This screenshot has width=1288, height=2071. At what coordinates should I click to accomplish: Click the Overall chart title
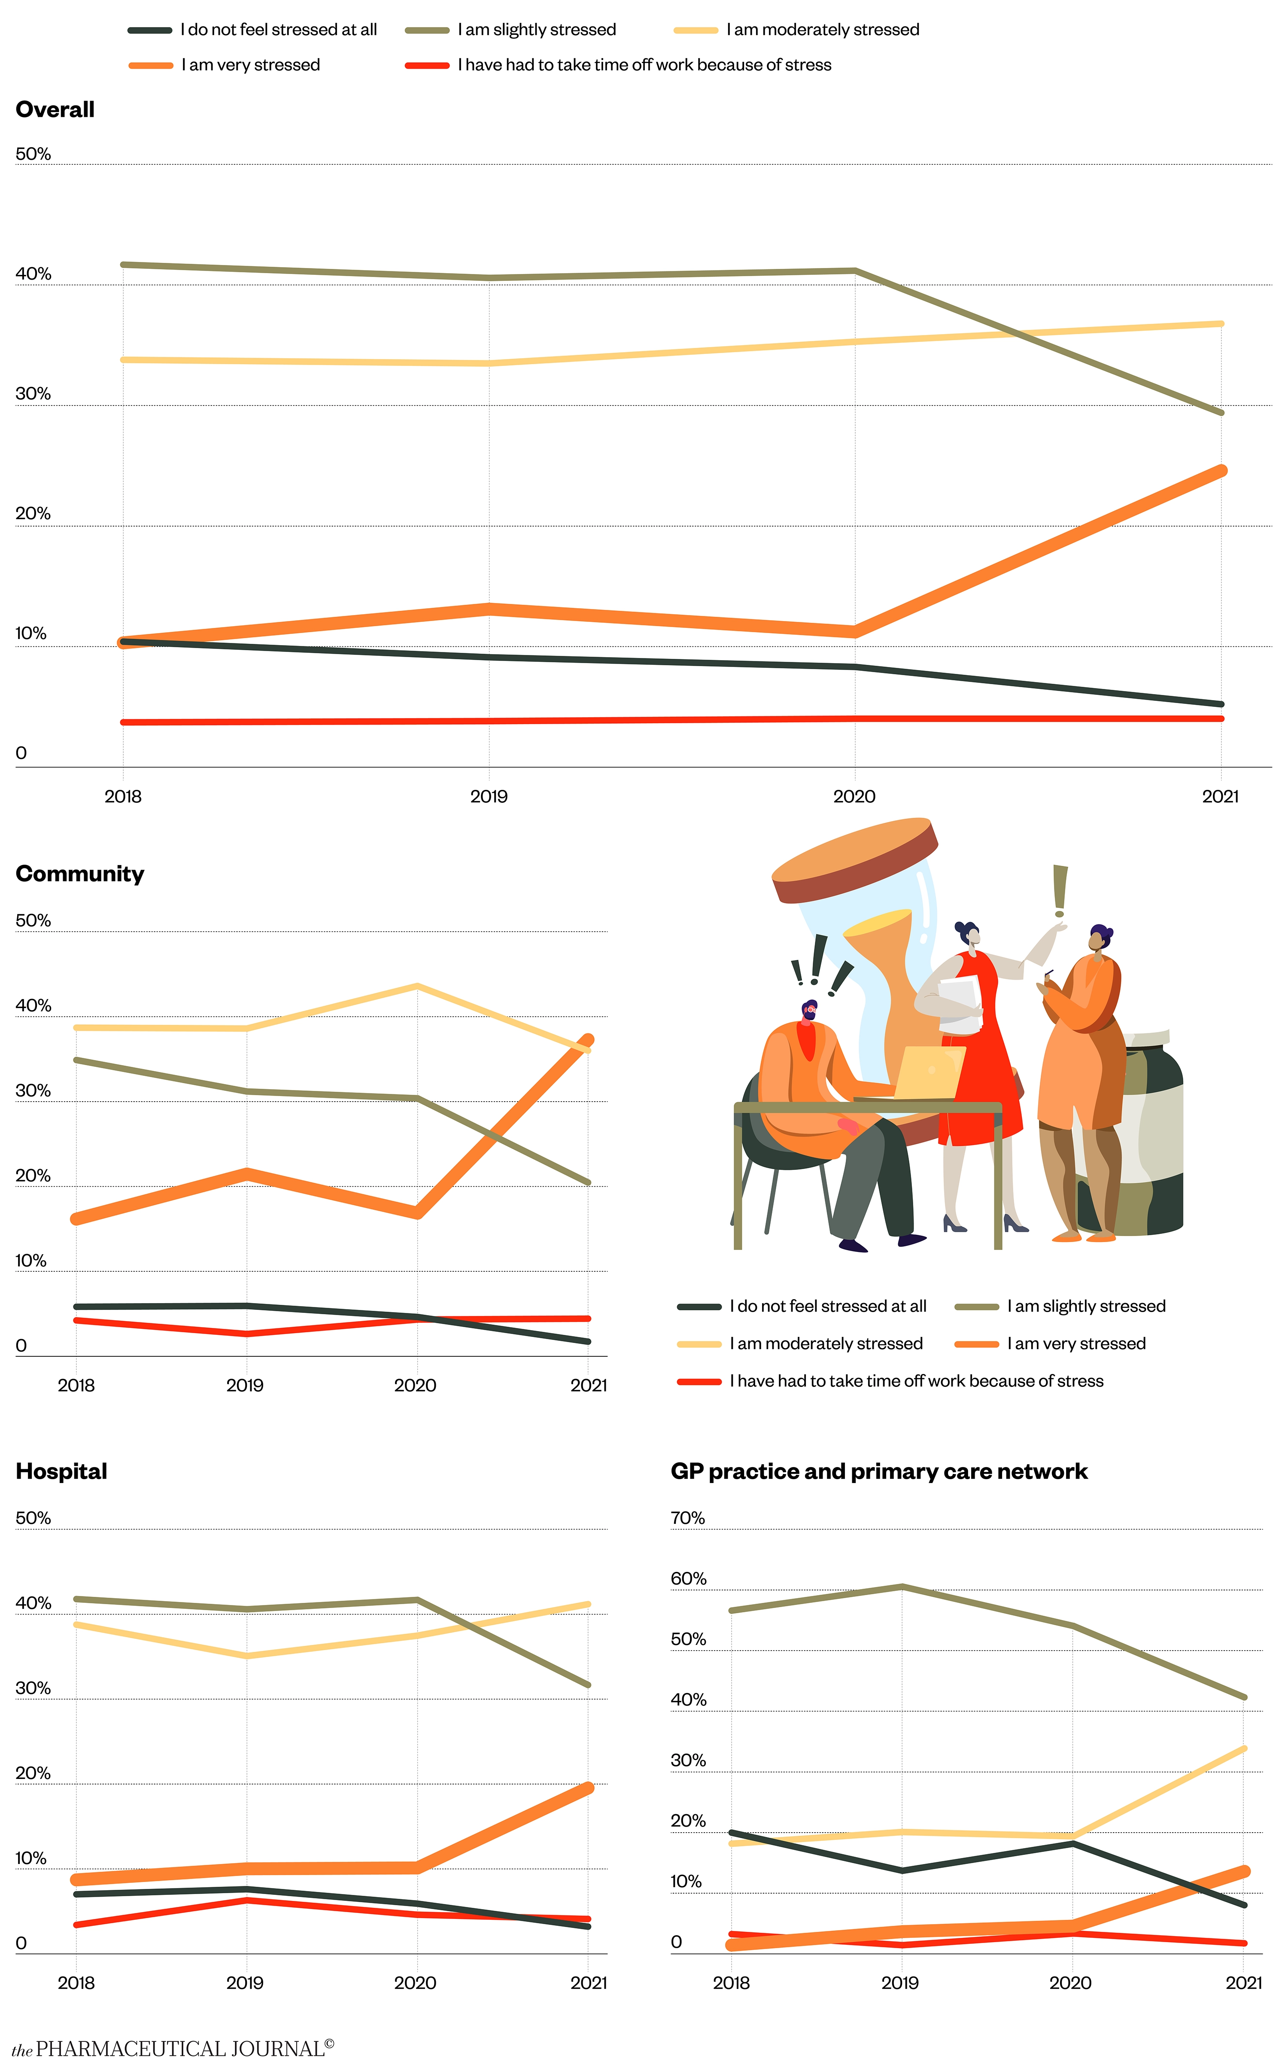tap(55, 110)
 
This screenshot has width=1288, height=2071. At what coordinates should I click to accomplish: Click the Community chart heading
tap(80, 874)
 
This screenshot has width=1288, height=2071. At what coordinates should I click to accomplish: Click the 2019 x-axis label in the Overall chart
tap(489, 797)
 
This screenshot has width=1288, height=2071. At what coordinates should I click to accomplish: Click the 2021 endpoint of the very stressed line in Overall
tap(1221, 471)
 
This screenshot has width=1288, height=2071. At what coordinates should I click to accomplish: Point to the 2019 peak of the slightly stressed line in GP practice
tap(902, 1586)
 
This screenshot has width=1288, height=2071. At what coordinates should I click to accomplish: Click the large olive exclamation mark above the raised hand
tap(1060, 890)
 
